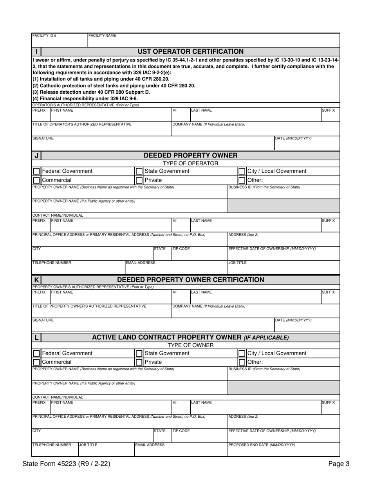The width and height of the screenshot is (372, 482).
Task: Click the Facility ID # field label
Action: point(44,36)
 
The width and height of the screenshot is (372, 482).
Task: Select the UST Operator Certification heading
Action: point(190,51)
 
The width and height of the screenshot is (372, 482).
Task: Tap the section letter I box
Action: point(36,51)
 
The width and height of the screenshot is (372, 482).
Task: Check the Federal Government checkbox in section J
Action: point(36,171)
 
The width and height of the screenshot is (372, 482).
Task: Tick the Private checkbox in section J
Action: point(139,180)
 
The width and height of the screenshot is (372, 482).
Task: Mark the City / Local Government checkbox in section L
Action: point(242,353)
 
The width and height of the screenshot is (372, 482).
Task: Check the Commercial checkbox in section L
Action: point(36,362)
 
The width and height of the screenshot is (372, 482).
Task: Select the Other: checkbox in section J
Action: point(242,180)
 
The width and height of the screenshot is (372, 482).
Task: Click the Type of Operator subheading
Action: point(190,163)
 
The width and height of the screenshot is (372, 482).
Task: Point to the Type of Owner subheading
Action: point(190,345)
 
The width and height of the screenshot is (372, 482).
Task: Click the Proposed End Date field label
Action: point(262,445)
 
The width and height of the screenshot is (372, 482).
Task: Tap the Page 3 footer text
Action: point(338,464)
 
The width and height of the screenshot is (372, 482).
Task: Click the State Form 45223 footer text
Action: point(66,464)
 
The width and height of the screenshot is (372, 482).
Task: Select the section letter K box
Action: point(36,280)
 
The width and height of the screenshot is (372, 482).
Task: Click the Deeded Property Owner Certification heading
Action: point(190,280)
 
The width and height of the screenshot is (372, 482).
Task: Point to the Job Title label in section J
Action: point(237,263)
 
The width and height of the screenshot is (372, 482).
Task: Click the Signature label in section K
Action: point(43,320)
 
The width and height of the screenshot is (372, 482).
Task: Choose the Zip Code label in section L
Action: point(181,431)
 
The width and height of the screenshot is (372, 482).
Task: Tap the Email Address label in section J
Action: point(140,263)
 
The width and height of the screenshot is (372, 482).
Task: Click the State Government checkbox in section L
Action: point(139,353)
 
